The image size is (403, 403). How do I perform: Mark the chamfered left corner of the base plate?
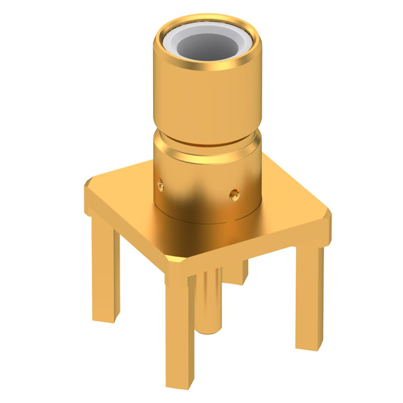pyautogui.click(x=87, y=184)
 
